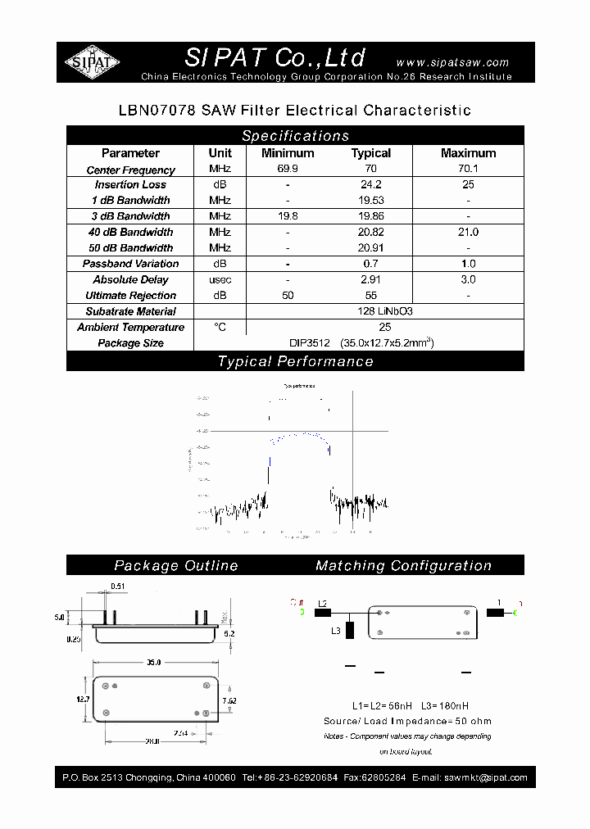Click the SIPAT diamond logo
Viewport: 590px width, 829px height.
93,62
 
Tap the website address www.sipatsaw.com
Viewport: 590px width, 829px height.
452,62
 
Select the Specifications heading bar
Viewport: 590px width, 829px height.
295,136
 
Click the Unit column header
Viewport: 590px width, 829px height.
220,153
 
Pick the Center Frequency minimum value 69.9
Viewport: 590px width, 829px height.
288,170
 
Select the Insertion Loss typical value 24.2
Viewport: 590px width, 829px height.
371,185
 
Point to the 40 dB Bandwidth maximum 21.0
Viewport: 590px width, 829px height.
468,233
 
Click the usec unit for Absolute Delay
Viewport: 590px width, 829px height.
220,280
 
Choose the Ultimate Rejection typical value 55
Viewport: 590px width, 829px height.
371,296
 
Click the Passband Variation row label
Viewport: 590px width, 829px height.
130,264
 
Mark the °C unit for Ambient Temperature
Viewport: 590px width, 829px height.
220,327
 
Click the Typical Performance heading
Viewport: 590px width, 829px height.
295,361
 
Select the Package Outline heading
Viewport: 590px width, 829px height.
176,565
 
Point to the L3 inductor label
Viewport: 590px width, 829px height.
336,631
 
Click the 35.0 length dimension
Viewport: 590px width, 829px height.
153,661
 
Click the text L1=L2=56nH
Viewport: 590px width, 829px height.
374,705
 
